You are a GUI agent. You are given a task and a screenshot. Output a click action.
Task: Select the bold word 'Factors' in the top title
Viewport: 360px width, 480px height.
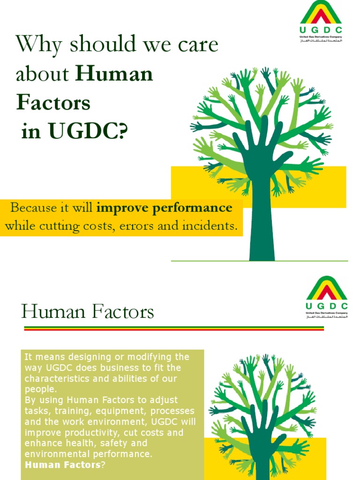tap(53, 103)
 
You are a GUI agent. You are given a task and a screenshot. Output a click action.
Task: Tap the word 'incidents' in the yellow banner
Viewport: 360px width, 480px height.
tap(210, 226)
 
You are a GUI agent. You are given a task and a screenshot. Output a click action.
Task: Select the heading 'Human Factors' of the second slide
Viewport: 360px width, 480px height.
tap(88, 312)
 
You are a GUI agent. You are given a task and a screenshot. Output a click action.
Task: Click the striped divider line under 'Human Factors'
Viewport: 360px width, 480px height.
tap(173, 329)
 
